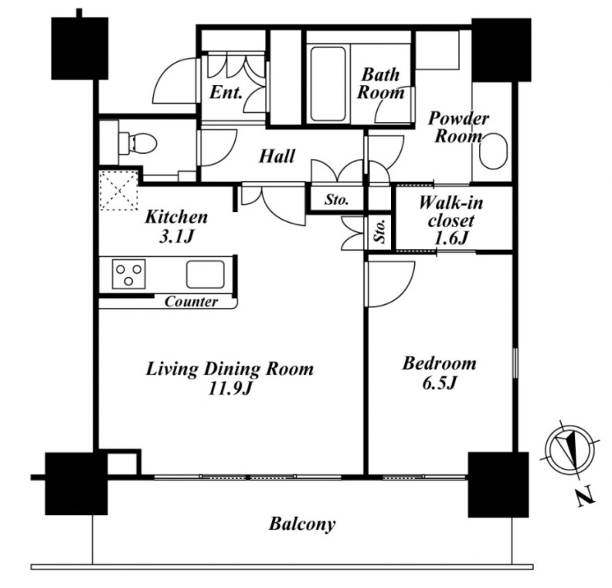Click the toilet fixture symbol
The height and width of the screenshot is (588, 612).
pyautogui.click(x=137, y=143)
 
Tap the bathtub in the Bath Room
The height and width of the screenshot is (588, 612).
pyautogui.click(x=328, y=84)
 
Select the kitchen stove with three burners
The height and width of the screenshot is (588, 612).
pyautogui.click(x=129, y=273)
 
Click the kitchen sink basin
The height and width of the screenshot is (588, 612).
pyautogui.click(x=206, y=274)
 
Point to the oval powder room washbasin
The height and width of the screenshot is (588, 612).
pyautogui.click(x=493, y=152)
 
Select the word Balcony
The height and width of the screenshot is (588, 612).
pyautogui.click(x=302, y=525)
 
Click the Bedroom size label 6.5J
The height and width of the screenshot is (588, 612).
pyautogui.click(x=440, y=383)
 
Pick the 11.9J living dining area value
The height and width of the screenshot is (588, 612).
pyautogui.click(x=229, y=388)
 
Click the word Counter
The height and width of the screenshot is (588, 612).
pyautogui.click(x=192, y=302)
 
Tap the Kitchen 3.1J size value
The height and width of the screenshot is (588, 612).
pyautogui.click(x=176, y=237)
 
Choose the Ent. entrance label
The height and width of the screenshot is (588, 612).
pyautogui.click(x=226, y=93)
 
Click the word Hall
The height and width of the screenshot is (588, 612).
pyautogui.click(x=277, y=156)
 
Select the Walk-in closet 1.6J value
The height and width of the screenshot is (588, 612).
pyautogui.click(x=450, y=238)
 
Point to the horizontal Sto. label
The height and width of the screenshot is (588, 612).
pyautogui.click(x=336, y=200)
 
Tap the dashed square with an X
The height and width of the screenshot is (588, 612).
pyautogui.click(x=119, y=190)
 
